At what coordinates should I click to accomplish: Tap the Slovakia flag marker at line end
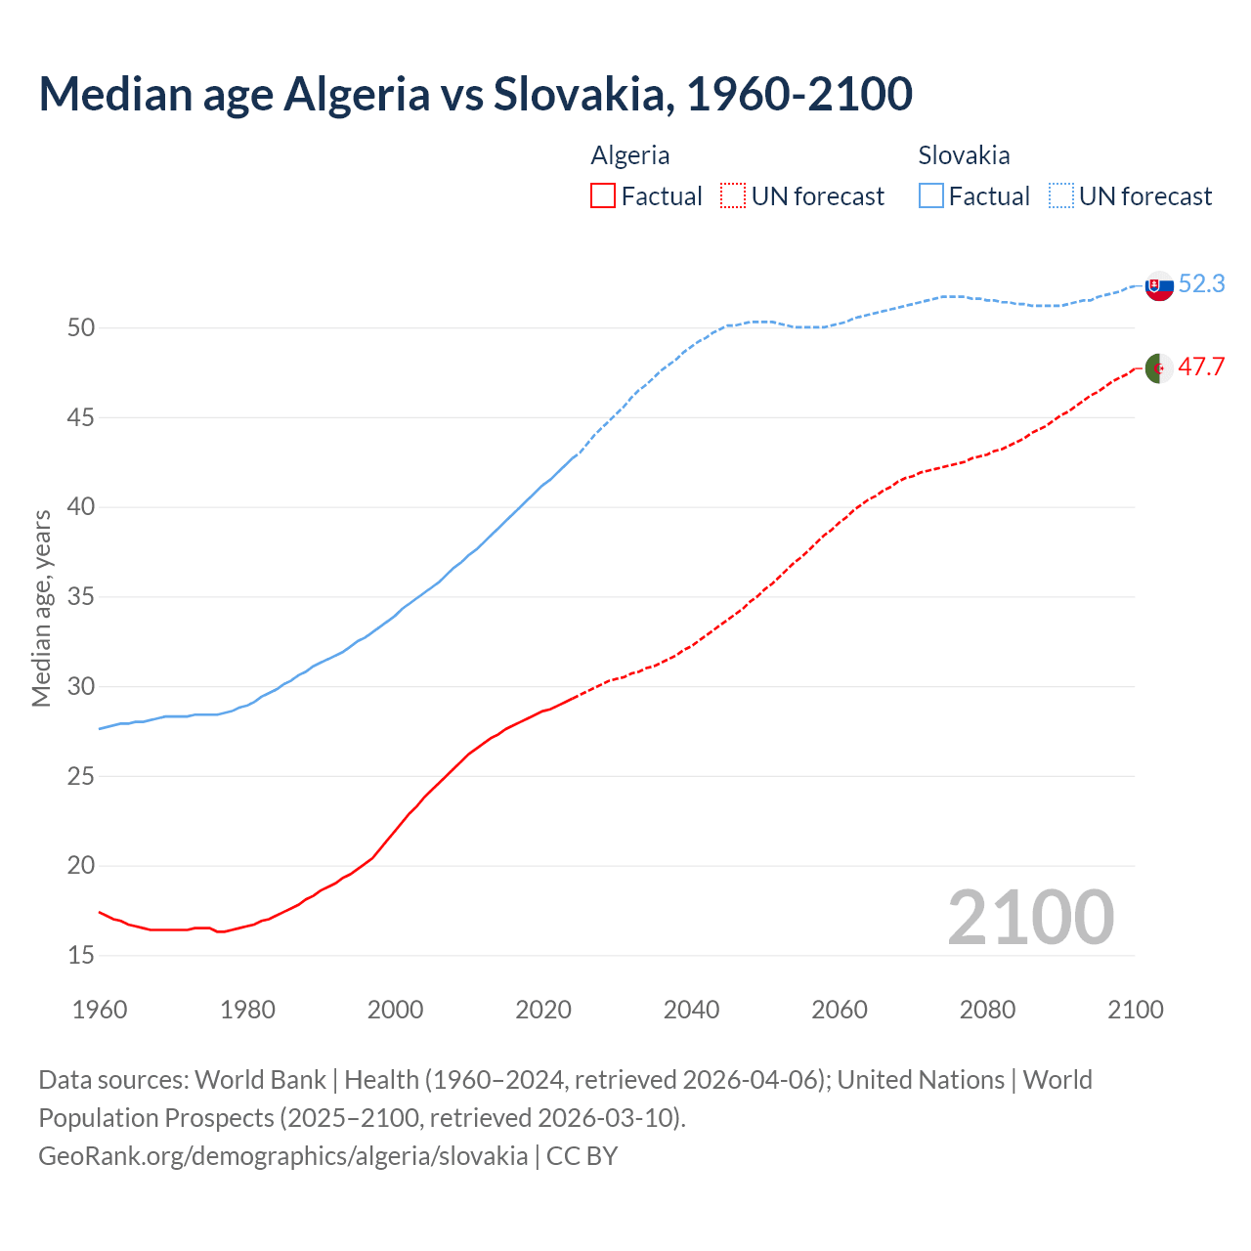click(x=1158, y=286)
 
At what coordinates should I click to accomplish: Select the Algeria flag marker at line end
click(x=1158, y=368)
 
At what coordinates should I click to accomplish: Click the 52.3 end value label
click(x=1201, y=283)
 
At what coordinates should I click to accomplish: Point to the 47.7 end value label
click(x=1201, y=367)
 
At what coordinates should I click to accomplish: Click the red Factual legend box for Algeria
click(x=603, y=196)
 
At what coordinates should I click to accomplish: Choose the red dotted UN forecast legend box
click(x=733, y=196)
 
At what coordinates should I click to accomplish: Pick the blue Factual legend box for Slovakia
click(x=931, y=196)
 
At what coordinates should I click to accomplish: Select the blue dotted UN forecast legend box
click(x=1061, y=196)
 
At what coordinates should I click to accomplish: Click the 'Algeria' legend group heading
click(x=630, y=155)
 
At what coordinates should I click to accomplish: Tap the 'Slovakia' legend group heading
click(x=964, y=155)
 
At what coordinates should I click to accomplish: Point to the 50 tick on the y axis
click(x=81, y=327)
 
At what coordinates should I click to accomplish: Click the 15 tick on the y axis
click(x=81, y=955)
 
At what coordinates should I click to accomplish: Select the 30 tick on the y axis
click(x=81, y=686)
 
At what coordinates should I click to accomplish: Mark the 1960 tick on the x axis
click(x=100, y=1010)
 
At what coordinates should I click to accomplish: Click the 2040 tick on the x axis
click(x=691, y=1010)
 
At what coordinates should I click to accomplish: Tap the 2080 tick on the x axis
click(x=987, y=1010)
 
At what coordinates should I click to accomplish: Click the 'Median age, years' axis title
click(x=41, y=608)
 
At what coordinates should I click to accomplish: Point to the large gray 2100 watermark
click(x=1030, y=917)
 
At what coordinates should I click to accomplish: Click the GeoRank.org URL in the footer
click(x=282, y=1155)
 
